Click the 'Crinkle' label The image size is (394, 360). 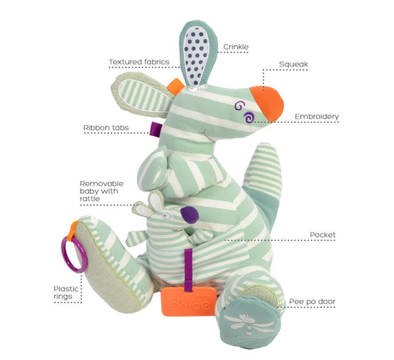coord(236,47)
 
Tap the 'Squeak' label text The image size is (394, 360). coord(293,64)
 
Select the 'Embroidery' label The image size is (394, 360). coord(316,117)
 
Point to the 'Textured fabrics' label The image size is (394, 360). coord(139,62)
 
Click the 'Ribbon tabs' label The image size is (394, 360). coord(106,128)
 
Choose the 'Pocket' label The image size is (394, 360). coord(322,235)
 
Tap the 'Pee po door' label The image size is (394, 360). coord(312,302)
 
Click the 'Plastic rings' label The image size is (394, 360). coord(66,293)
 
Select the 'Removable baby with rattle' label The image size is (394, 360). coord(102,191)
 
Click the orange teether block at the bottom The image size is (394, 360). coord(189,302)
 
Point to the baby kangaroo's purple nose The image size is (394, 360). coord(190,215)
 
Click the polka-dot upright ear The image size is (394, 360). coord(197,53)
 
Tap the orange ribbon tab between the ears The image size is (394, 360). coord(176,86)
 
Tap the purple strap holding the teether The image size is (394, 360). coord(188,271)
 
